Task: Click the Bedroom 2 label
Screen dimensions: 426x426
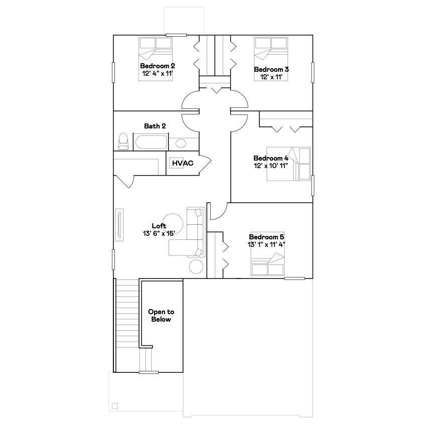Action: pos(158,66)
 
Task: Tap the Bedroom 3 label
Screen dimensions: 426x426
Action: pos(271,69)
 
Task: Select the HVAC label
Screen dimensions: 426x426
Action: pos(183,163)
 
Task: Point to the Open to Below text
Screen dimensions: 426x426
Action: pos(161,315)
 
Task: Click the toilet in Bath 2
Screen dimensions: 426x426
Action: pos(123,141)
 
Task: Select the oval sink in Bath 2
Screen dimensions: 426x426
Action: pos(181,144)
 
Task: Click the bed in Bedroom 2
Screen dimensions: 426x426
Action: pos(156,49)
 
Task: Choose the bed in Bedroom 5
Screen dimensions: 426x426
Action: pos(268,265)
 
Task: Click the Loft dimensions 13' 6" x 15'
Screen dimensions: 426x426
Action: pos(159,233)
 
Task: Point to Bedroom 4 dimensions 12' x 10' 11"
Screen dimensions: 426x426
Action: pos(271,166)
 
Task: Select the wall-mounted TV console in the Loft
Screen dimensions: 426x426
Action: pos(119,226)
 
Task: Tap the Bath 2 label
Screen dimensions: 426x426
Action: pos(155,126)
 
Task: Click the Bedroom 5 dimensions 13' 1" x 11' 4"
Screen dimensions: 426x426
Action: pos(266,244)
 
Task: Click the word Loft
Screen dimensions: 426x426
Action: pos(159,226)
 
